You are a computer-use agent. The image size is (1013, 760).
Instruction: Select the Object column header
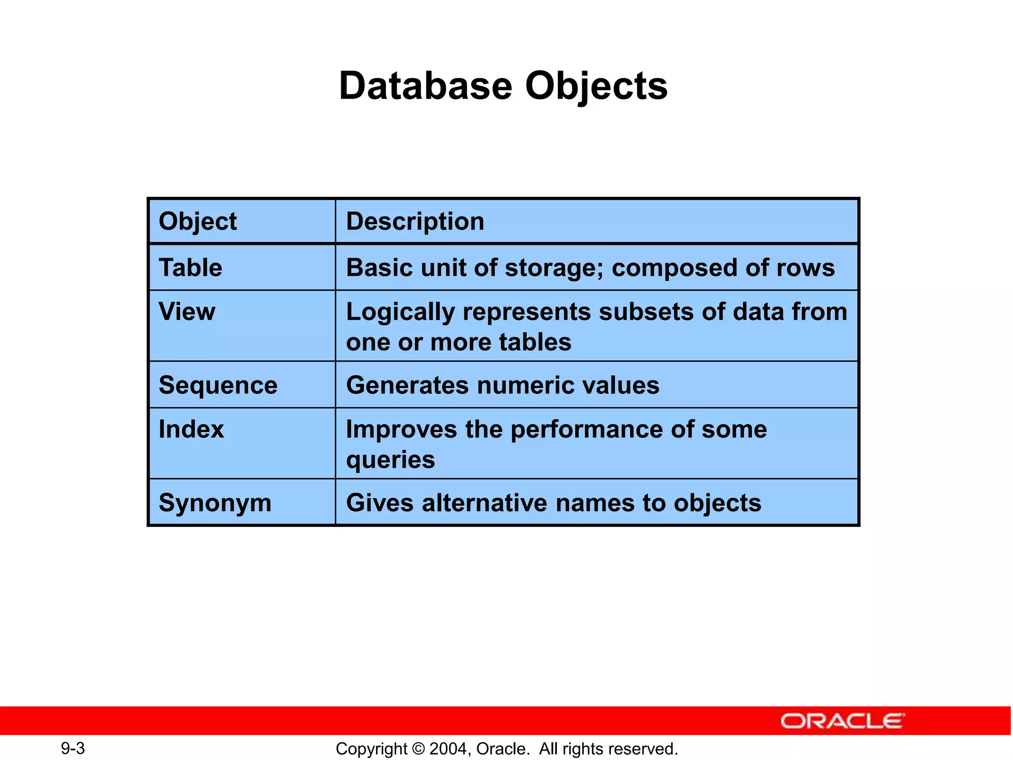tap(197, 221)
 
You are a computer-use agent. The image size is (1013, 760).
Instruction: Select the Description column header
tap(414, 221)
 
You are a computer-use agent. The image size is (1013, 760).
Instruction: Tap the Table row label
tap(190, 268)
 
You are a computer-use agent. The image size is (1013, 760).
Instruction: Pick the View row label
tap(187, 312)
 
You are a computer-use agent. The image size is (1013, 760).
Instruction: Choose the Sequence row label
tap(218, 385)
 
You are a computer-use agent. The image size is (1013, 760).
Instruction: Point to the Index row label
tap(191, 429)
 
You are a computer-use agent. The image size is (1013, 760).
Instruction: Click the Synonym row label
tap(215, 503)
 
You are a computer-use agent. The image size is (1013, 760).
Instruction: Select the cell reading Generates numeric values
tap(503, 385)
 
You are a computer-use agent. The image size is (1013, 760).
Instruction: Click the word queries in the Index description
tap(390, 460)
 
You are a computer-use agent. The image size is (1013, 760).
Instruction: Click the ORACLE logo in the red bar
tap(842, 721)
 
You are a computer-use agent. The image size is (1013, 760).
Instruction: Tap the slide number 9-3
tap(73, 748)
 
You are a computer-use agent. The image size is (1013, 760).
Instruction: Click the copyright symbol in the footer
tap(418, 749)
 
